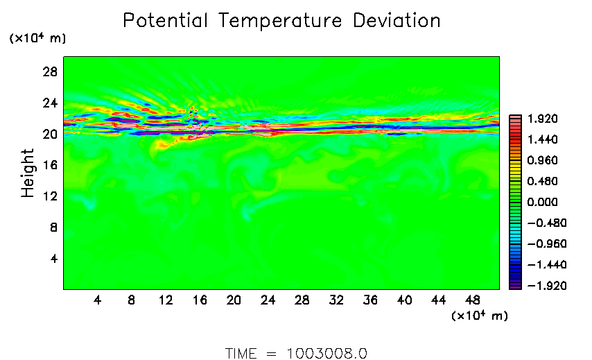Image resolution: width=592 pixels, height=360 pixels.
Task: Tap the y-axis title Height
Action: coord(28,173)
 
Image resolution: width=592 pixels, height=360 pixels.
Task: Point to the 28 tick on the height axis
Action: coord(51,71)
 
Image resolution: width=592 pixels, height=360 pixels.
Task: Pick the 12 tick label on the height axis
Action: coord(51,196)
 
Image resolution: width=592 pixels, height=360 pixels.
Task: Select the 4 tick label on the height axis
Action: coord(54,259)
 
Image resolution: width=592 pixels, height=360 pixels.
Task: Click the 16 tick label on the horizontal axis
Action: coord(200,300)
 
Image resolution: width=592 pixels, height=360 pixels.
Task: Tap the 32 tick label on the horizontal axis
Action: coord(336,300)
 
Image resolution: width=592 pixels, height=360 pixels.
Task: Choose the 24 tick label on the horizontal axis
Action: coord(268,300)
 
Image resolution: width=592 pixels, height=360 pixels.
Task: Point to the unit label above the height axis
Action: coord(37,39)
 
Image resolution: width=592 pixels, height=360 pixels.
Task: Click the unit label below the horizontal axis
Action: coord(479,316)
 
